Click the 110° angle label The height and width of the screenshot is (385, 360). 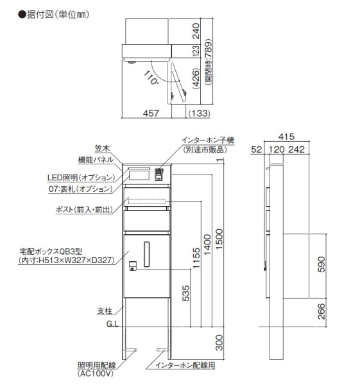(151, 78)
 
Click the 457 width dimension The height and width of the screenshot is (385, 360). (151, 113)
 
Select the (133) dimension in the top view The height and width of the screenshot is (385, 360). (199, 114)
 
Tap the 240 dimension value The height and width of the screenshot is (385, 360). (196, 31)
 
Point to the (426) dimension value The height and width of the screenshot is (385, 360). (196, 78)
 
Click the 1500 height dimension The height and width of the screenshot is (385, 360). (219, 239)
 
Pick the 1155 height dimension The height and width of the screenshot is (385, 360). (196, 257)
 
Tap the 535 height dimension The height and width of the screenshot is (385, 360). (186, 293)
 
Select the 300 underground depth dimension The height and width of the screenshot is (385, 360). (219, 342)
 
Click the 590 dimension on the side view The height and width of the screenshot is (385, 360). (321, 264)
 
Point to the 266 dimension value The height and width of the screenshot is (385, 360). (321, 311)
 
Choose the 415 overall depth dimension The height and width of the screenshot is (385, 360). (286, 137)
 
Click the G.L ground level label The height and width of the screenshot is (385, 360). (112, 324)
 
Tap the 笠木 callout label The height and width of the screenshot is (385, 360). (102, 149)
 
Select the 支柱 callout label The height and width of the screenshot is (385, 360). (105, 311)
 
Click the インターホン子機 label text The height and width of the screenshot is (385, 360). (208, 140)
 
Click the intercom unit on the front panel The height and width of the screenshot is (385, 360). (159, 175)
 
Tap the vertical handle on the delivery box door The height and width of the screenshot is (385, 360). (146, 254)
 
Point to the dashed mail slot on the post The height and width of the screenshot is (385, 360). (147, 201)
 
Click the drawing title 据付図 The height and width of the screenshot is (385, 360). (40, 15)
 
